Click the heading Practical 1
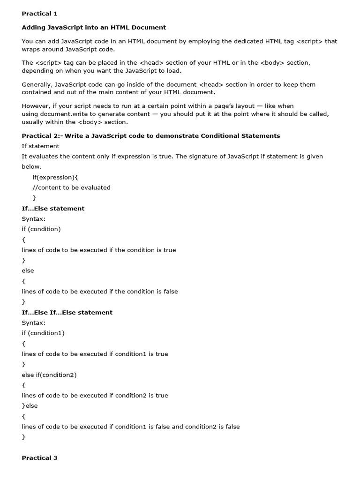point(39,14)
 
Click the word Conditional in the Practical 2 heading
point(219,136)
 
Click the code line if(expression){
point(56,177)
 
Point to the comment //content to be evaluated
point(71,187)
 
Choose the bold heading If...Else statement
point(53,209)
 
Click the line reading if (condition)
point(41,229)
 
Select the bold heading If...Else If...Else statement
point(67,313)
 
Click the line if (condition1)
point(43,333)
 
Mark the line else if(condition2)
point(49,375)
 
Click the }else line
point(30,406)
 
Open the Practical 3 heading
point(39,458)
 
